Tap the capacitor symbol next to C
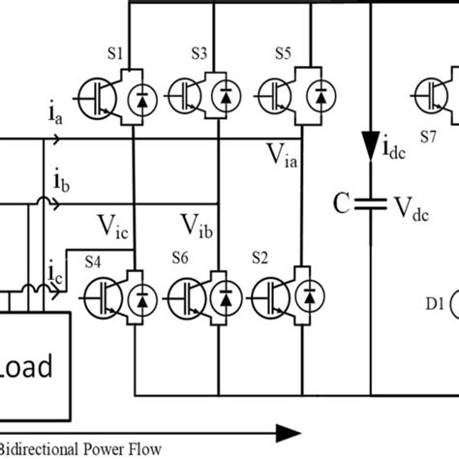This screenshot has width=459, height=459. (368, 204)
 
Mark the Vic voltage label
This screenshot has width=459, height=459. (114, 225)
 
